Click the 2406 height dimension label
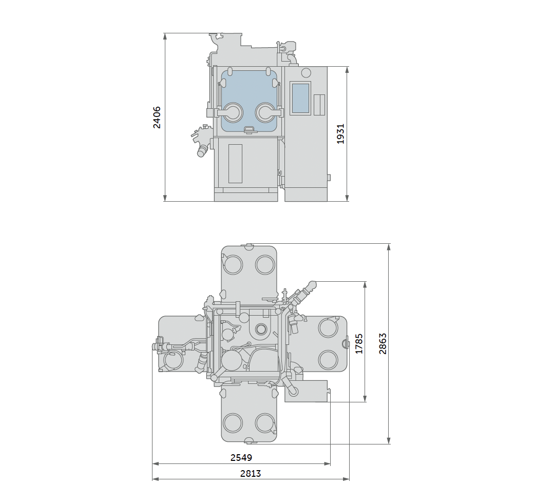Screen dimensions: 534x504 157,117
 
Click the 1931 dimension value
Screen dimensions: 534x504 340,134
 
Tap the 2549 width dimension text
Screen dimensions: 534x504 241,458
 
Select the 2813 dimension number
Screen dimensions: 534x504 251,473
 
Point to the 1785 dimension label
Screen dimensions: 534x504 359,344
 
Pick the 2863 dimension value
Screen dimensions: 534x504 383,344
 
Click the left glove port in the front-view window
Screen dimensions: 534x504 233,112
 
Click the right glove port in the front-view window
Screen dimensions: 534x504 265,112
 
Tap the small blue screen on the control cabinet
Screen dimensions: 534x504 300,98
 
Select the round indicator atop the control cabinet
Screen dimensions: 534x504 306,72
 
